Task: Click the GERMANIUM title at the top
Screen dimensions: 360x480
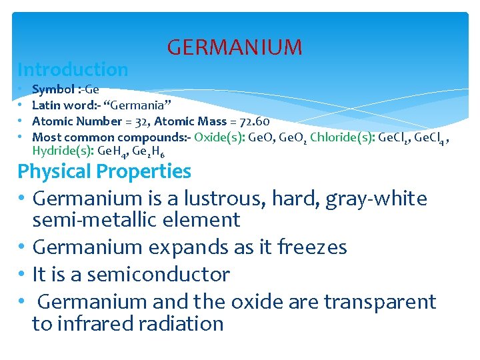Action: pyautogui.click(x=234, y=47)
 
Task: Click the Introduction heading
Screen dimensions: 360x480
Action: pyautogui.click(x=73, y=69)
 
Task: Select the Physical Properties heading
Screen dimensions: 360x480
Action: pyautogui.click(x=104, y=171)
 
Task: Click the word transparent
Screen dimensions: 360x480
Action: pyautogui.click(x=379, y=302)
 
